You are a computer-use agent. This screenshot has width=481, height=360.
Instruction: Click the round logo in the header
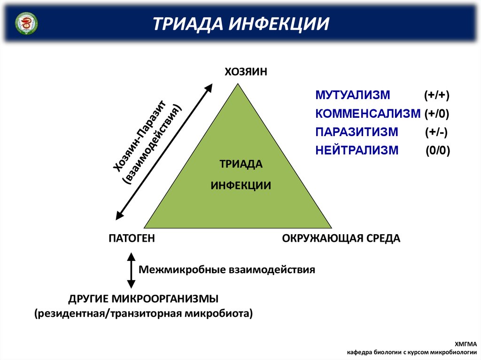[26, 23]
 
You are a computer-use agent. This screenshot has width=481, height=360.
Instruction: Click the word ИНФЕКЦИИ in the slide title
[279, 24]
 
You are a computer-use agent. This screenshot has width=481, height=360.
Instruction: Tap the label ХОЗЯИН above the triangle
[246, 72]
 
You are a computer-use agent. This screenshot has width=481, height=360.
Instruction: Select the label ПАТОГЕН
[132, 238]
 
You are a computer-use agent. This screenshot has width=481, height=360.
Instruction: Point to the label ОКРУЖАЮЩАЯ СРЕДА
[341, 238]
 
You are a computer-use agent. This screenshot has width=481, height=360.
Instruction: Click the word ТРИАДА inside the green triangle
[241, 164]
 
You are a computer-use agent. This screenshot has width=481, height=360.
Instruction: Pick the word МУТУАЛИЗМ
[353, 95]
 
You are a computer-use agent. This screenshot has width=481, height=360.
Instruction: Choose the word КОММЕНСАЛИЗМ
[368, 114]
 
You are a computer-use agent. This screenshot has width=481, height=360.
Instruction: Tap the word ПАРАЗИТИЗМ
[357, 132]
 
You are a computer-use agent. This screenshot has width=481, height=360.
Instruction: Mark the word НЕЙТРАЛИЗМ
[357, 150]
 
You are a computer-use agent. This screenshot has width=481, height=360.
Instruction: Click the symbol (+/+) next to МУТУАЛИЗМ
[437, 95]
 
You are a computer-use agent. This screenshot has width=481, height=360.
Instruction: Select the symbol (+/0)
[437, 114]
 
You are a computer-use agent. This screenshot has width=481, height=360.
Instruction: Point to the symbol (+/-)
[436, 132]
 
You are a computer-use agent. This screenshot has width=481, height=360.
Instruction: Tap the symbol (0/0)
[438, 151]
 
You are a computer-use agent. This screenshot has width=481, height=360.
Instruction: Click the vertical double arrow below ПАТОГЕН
[132, 270]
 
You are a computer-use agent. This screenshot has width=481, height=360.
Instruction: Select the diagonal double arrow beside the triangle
[164, 152]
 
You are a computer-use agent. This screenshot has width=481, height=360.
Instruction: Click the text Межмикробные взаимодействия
[227, 270]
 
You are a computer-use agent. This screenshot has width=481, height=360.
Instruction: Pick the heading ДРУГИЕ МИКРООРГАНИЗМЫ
[144, 299]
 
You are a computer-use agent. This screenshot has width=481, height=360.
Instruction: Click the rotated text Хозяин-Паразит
[140, 136]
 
